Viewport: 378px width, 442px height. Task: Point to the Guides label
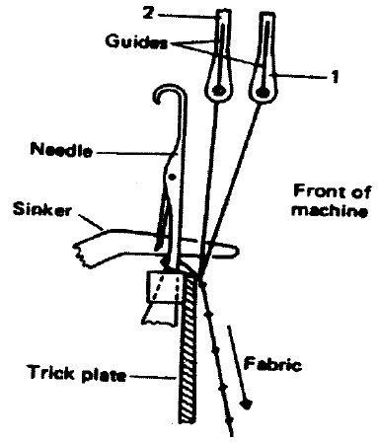[x=139, y=43]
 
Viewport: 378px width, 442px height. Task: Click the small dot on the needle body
[x=172, y=178]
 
